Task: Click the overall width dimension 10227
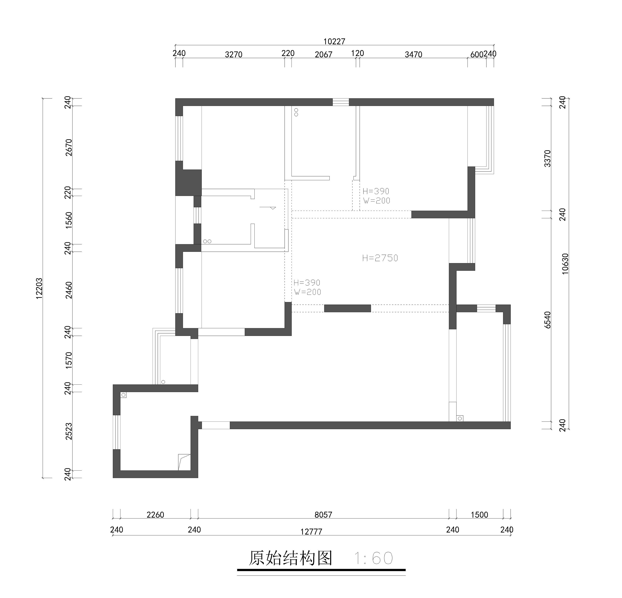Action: tap(334, 42)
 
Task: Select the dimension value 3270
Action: tap(234, 54)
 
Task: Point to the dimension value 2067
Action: tap(323, 54)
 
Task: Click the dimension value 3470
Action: tap(413, 54)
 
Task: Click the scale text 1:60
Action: tap(374, 558)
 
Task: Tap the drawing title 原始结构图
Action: tap(290, 558)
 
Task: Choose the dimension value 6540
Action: tap(548, 320)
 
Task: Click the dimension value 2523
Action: tap(69, 431)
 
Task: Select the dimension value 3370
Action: tap(548, 158)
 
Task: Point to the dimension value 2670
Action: tap(69, 147)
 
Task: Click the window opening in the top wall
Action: tap(340, 102)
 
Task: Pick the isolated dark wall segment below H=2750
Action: tap(347, 308)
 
